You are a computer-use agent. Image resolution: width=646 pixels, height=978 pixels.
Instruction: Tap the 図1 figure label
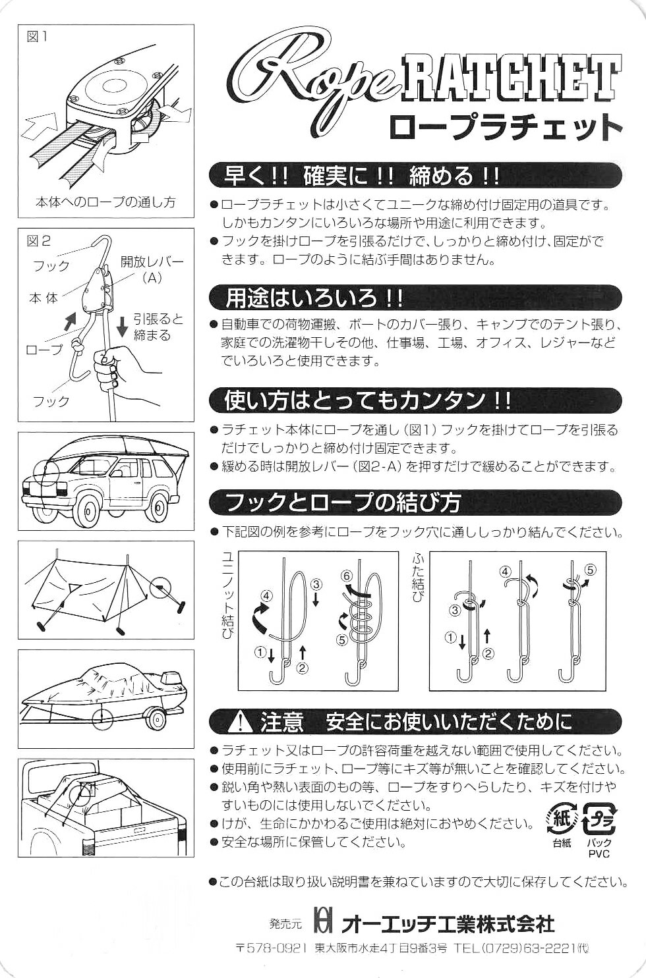tap(38, 38)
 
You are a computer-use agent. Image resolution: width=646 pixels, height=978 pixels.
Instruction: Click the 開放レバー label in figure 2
tap(152, 262)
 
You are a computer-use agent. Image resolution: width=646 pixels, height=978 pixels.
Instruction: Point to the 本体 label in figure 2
tap(44, 298)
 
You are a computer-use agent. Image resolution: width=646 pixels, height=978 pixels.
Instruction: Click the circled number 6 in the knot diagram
tap(348, 576)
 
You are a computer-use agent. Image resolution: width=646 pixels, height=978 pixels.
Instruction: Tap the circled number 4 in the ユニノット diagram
tap(266, 595)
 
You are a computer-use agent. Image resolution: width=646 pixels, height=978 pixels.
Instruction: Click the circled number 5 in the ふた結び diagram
tap(590, 569)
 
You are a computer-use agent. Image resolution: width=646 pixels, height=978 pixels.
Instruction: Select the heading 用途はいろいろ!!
tap(314, 298)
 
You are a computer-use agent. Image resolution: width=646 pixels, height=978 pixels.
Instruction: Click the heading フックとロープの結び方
tap(343, 503)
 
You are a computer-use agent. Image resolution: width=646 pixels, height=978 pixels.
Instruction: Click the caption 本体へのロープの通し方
tap(105, 202)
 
